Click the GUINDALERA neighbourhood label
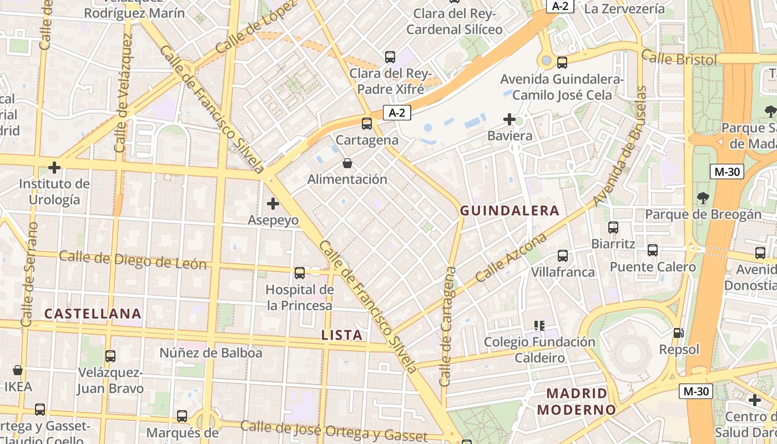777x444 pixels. click(x=509, y=211)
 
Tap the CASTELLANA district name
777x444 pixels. click(x=93, y=314)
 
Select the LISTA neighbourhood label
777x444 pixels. click(x=342, y=335)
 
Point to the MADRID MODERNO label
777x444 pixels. click(x=577, y=402)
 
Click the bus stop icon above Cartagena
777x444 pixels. click(x=366, y=124)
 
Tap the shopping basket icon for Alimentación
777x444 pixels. click(x=347, y=163)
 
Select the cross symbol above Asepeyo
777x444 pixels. click(x=273, y=204)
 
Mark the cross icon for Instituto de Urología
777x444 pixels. click(x=54, y=167)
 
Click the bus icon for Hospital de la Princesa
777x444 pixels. click(x=300, y=273)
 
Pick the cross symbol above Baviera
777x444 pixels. click(x=509, y=119)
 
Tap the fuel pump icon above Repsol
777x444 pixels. click(x=678, y=333)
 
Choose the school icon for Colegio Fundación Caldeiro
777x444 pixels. click(x=539, y=325)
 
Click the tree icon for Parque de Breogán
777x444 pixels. click(x=703, y=198)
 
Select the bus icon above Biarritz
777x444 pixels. click(x=613, y=227)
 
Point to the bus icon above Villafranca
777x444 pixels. click(x=563, y=256)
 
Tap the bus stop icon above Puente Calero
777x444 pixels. click(x=653, y=250)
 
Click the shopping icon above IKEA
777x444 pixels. click(x=18, y=370)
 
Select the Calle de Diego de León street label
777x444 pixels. click(x=133, y=260)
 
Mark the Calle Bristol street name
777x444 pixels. click(x=679, y=58)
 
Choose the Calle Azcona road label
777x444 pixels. click(x=511, y=258)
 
